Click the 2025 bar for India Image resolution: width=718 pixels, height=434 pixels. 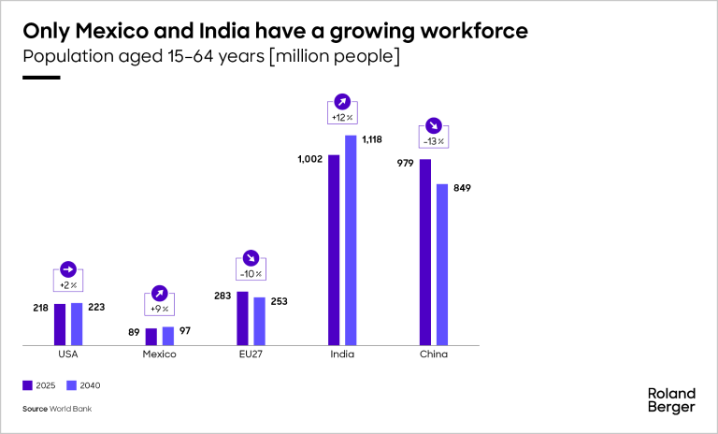(334, 250)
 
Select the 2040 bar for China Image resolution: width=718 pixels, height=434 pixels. (442, 265)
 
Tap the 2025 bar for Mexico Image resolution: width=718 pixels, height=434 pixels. (151, 337)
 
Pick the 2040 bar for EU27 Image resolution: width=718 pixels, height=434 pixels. (259, 321)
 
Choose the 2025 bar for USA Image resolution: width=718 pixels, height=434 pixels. (60, 324)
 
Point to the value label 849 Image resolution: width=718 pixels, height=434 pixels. (462, 188)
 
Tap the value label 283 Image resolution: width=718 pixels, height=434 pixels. (222, 296)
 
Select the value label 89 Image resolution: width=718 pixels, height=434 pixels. (135, 331)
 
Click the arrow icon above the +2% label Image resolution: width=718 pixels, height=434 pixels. (67, 268)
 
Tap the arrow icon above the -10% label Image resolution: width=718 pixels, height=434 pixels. (251, 257)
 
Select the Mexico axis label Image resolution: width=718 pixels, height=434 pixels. (159, 355)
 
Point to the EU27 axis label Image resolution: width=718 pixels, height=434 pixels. (251, 355)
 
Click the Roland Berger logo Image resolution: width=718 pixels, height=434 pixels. (671, 399)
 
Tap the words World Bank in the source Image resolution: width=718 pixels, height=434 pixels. (72, 409)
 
